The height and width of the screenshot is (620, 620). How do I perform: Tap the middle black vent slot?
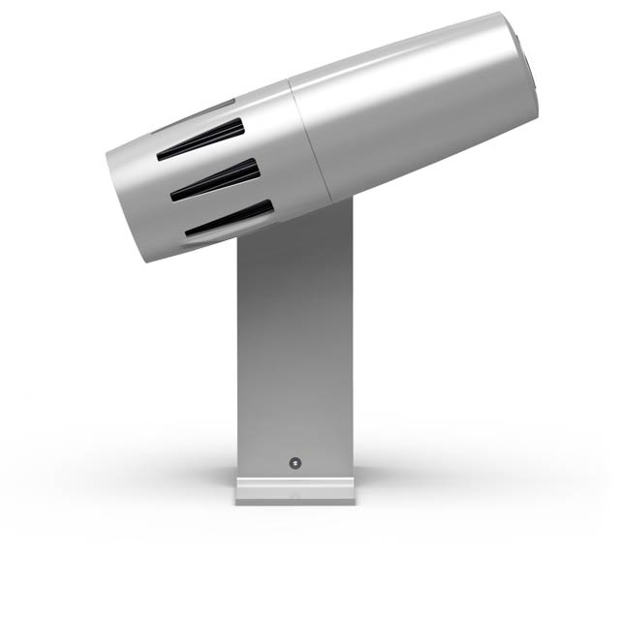coord(217,180)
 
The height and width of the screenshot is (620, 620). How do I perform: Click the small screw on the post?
coord(295,462)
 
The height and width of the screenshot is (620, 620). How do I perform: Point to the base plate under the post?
coord(295,490)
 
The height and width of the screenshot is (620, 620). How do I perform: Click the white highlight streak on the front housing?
coord(407,58)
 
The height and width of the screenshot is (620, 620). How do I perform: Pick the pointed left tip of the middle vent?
coord(173,197)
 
